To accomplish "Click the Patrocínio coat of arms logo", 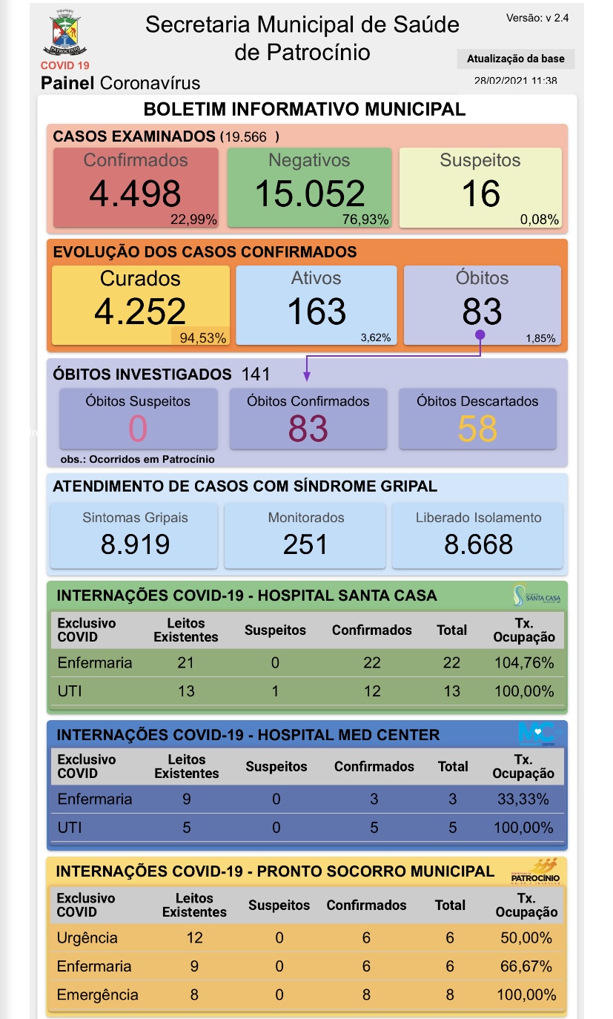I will click(x=64, y=34).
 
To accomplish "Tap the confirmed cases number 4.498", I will click(x=135, y=194).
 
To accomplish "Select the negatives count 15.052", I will click(x=310, y=194).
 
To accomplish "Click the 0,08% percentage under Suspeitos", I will click(x=540, y=220).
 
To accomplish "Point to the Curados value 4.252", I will click(x=140, y=311).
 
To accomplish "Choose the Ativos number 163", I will click(x=317, y=311).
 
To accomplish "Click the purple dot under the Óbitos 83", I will click(x=480, y=335).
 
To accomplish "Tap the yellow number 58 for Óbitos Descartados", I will click(x=477, y=429).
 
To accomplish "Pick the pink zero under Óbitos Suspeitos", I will click(x=138, y=429).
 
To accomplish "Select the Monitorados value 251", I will click(x=305, y=544).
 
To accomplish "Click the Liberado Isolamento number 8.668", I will click(x=478, y=544).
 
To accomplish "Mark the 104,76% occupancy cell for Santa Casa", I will click(x=524, y=663).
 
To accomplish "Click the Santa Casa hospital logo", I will click(x=536, y=595).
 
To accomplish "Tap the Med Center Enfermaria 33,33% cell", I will click(x=523, y=799).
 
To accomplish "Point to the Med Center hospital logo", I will click(x=540, y=734).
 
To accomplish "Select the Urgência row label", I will click(x=87, y=937).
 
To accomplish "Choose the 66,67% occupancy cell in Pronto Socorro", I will click(x=526, y=966).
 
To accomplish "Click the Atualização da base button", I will click(x=515, y=59).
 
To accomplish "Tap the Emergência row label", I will click(x=97, y=995).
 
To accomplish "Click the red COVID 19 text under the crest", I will click(x=64, y=66).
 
